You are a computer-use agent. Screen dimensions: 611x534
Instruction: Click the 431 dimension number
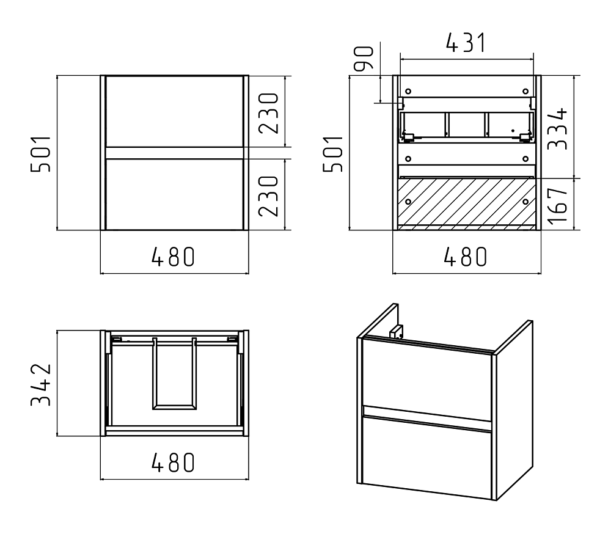tap(466, 43)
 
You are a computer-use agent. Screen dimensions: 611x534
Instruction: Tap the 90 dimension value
tap(363, 59)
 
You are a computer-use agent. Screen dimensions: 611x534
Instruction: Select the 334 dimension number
tap(557, 129)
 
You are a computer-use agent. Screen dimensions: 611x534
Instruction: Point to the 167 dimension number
tap(557, 205)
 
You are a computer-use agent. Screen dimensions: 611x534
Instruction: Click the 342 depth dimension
tap(41, 385)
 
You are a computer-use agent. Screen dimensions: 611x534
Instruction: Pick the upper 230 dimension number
tap(269, 114)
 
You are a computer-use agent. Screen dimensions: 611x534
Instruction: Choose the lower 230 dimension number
tap(269, 196)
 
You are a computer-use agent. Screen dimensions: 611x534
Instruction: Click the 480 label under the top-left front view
tap(173, 257)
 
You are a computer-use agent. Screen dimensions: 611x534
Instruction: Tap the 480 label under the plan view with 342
tap(173, 463)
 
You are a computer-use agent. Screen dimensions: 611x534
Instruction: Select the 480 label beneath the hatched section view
tap(466, 257)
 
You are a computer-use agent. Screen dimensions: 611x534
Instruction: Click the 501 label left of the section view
tap(333, 153)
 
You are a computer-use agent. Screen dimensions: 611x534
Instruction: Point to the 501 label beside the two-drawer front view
tap(41, 153)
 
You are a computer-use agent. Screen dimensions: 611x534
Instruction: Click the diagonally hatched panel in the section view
tap(467, 202)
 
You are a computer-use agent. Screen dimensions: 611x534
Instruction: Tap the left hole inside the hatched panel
tap(408, 202)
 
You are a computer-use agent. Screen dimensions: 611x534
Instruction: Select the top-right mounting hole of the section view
tap(525, 92)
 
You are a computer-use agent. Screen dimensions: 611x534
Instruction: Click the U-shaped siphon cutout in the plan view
tap(174, 374)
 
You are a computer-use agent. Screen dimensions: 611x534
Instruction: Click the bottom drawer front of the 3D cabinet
tap(427, 458)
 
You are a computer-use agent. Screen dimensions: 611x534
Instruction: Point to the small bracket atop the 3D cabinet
tap(397, 332)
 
